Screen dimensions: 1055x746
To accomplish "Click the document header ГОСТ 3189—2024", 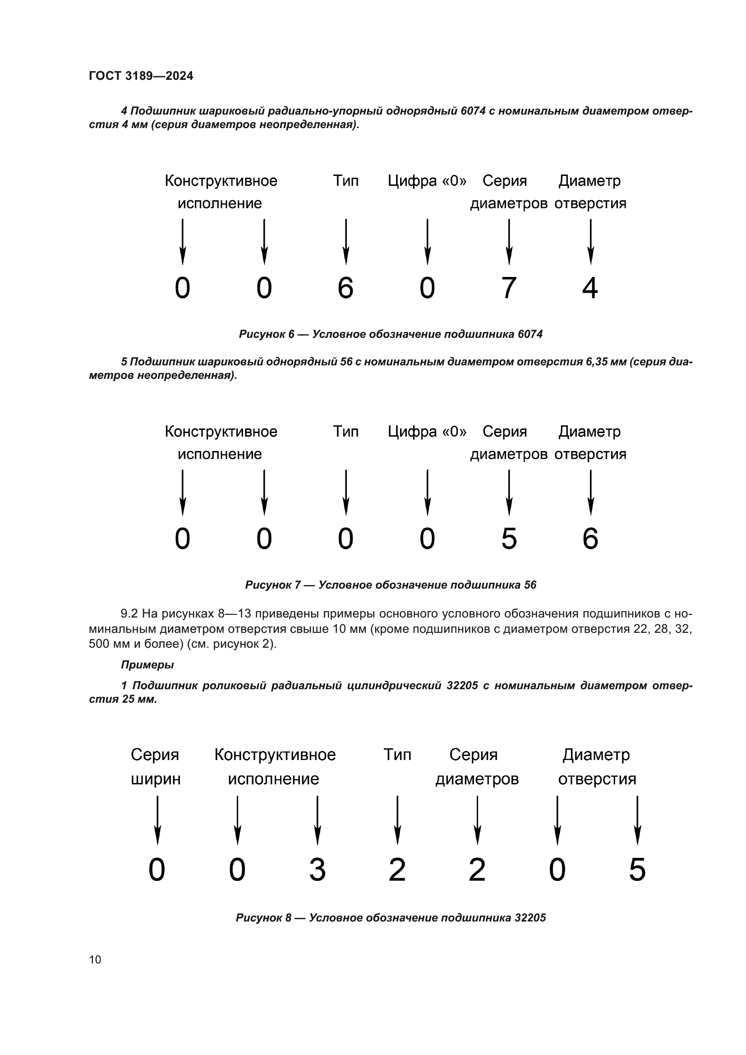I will pos(141,76).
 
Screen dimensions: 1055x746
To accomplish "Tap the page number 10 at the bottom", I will pos(95,959).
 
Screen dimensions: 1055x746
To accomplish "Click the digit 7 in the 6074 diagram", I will pos(508,288).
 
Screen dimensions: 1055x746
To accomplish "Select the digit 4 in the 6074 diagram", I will pos(590,288).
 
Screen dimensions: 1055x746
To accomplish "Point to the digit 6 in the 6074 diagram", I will pos(345,288).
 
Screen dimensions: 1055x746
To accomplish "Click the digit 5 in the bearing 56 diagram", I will pos(508,539).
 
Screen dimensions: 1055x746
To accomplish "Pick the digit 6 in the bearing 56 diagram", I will pos(590,539).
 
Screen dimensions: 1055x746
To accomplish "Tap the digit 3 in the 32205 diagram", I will pos(318,869).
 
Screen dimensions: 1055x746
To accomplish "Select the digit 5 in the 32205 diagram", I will pos(637,869).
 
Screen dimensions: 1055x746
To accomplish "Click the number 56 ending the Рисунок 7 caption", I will pos(530,585).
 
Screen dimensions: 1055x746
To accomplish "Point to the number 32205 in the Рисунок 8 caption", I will pos(530,917).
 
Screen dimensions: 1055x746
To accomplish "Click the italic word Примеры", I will pos(147,664).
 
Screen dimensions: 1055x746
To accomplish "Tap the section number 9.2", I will pos(129,613).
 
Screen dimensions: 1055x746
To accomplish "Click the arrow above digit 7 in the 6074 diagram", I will pos(509,242).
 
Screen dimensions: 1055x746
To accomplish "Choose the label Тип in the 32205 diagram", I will pos(397,755).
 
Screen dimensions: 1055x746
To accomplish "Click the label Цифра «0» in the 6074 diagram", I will pos(427,181).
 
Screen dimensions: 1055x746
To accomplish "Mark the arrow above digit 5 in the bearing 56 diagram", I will pos(509,492).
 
